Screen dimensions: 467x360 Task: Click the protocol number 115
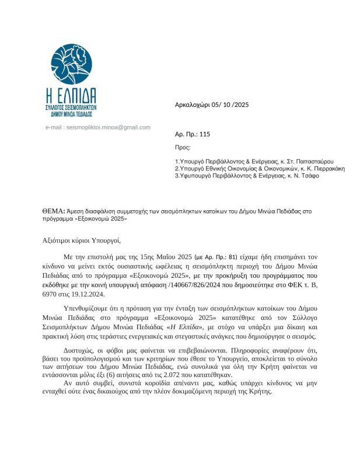[x=204, y=134]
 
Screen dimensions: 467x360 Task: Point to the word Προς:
[x=183, y=148]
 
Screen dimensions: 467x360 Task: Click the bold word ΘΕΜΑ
[x=53, y=211]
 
